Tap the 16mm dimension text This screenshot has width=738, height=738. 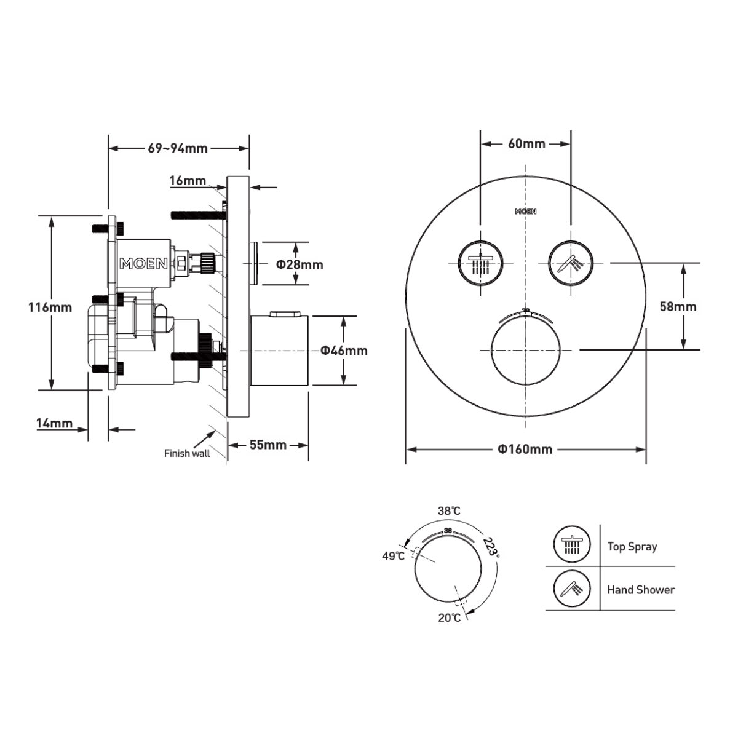187,180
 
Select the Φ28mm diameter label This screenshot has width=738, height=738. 300,264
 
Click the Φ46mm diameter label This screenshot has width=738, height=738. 344,351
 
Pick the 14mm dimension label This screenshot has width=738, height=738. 54,423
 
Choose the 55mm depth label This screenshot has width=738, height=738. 268,444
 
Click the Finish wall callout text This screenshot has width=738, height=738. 186,453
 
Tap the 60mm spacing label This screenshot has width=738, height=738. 526,143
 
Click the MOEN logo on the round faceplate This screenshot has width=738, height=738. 525,212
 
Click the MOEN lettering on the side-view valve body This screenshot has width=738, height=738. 143,264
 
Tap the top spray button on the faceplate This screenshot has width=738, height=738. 479,263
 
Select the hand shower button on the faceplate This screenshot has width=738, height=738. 571,263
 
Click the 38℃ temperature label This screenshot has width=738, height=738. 449,511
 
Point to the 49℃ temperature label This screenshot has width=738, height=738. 393,556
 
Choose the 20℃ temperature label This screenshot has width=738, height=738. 449,617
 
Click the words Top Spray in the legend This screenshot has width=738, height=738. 632,546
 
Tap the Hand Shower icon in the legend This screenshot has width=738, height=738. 571,589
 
